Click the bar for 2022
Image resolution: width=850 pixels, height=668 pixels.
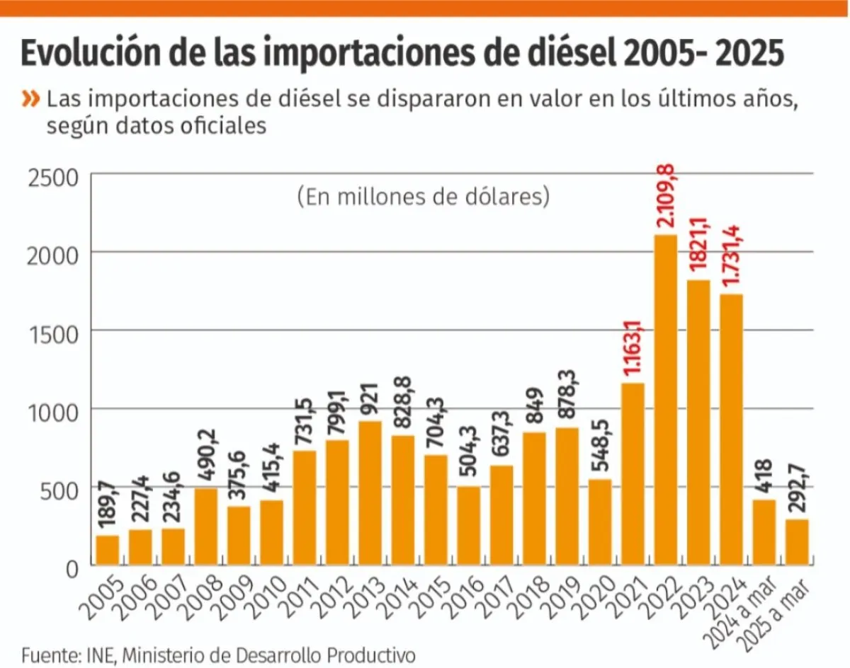point(666,400)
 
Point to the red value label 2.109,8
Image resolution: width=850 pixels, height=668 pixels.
point(667,195)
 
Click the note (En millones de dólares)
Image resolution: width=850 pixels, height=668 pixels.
point(424,196)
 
